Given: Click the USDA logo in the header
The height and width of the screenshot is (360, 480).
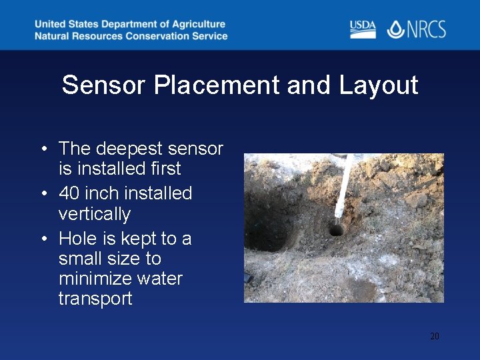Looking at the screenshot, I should (x=363, y=29).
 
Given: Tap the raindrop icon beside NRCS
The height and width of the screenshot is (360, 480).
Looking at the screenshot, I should (x=395, y=29).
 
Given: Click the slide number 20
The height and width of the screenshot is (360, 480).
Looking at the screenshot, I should (x=434, y=336).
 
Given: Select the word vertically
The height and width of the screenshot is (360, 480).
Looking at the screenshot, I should (x=95, y=214).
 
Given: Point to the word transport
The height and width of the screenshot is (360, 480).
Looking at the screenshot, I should (x=95, y=298).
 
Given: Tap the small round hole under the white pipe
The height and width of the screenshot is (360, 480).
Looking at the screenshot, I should (x=336, y=230).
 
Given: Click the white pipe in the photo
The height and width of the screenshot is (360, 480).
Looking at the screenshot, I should (x=343, y=187).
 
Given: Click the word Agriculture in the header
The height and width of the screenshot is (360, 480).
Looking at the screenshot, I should (x=194, y=25).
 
